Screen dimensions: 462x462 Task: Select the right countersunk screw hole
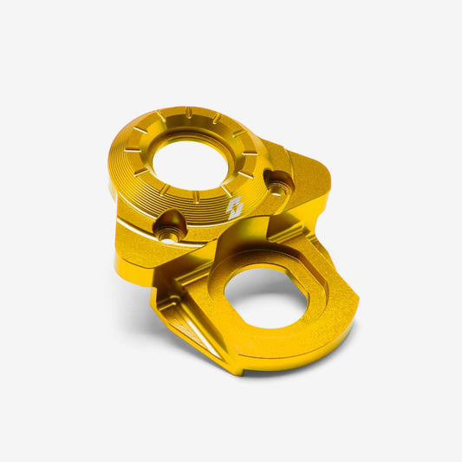tap(279, 182)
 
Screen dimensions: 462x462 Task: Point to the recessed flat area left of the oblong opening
tap(208, 299)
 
